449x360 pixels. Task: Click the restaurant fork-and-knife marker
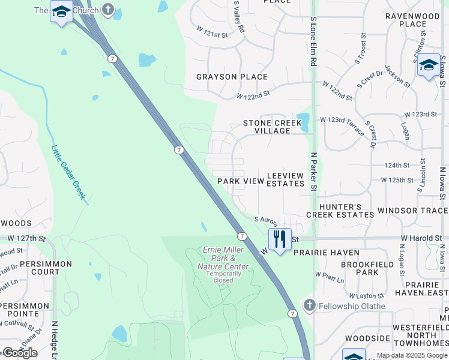click(280, 239)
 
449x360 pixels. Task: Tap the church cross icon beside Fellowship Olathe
click(309, 305)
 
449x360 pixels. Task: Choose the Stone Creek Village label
click(272, 127)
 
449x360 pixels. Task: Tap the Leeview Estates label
click(286, 179)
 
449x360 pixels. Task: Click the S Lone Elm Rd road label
click(313, 41)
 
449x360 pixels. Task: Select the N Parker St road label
click(313, 172)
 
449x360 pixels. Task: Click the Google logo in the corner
click(20, 353)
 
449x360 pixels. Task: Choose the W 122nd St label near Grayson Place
click(253, 95)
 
